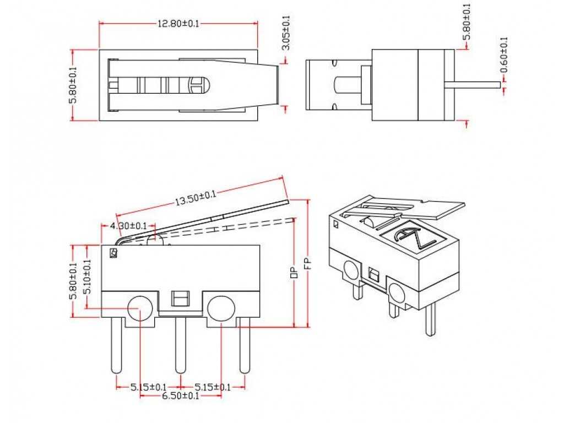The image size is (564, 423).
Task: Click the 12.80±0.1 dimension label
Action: [178, 23]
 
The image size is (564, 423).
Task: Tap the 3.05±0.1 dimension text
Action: [285, 33]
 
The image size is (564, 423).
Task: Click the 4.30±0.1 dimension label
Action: [128, 225]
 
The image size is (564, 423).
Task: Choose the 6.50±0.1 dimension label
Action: [180, 396]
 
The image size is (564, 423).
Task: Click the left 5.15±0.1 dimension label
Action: [149, 387]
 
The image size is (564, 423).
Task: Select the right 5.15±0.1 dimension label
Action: [212, 387]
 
